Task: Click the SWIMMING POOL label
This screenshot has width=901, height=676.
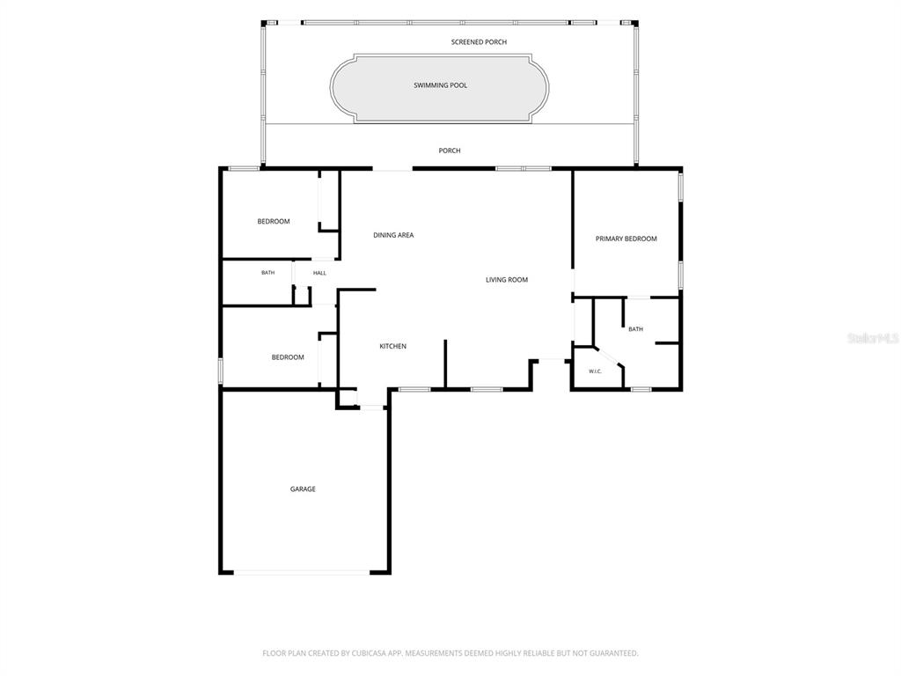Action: (440, 85)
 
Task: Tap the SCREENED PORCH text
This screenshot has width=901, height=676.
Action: (479, 42)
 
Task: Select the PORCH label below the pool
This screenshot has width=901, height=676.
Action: (450, 151)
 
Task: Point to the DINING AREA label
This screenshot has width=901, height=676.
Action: (393, 235)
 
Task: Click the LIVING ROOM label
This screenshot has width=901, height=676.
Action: (506, 280)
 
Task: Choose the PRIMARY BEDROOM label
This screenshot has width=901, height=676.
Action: (626, 239)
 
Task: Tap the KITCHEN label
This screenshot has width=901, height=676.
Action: (392, 346)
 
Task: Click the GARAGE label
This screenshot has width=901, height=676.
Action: (303, 489)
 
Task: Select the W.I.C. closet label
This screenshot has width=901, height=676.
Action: (595, 371)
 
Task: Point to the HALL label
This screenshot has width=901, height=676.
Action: (319, 273)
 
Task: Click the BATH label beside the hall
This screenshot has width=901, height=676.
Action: (267, 273)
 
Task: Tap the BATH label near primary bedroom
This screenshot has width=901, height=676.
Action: (635, 329)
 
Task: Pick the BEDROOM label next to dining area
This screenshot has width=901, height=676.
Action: (274, 221)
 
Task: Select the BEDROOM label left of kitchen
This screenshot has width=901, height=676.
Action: (288, 357)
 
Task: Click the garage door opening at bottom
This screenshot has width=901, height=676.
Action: (302, 572)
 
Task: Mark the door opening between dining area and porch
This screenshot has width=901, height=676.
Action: (392, 169)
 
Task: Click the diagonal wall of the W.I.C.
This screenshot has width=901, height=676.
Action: (609, 357)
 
